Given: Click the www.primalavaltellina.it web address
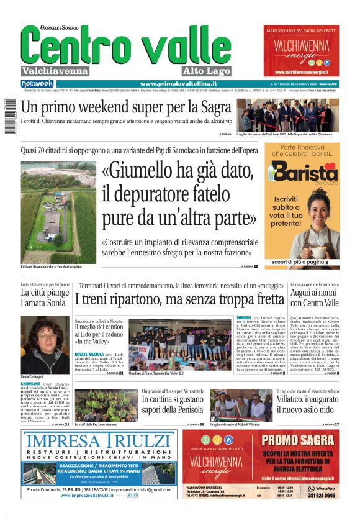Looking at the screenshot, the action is pos(178,84).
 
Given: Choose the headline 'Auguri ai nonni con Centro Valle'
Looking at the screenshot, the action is pos(315,298).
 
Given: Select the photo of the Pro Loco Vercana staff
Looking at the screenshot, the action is pos(97,405).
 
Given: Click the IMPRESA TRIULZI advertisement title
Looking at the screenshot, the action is pos(99,442).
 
